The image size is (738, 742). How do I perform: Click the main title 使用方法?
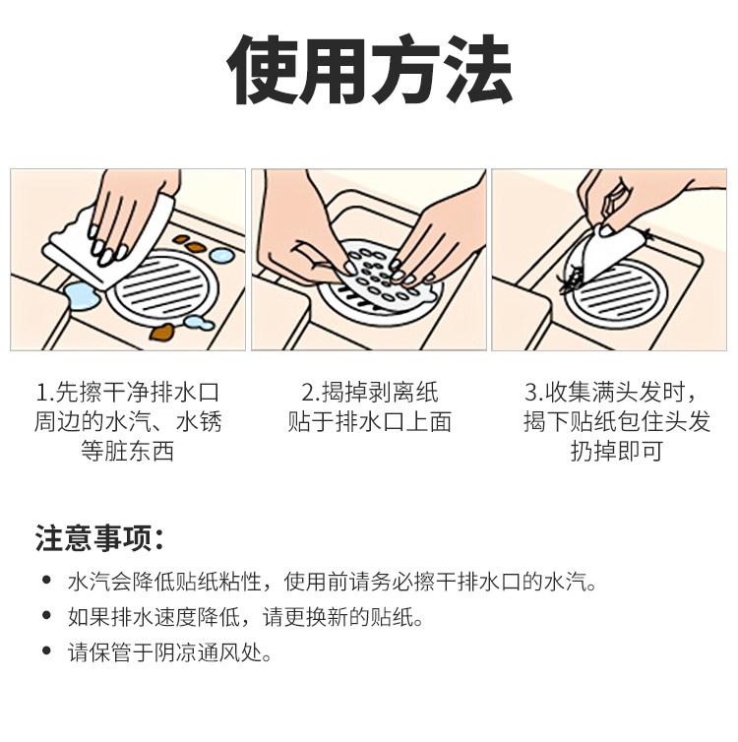[369, 71]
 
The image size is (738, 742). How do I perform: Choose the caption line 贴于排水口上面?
[369, 422]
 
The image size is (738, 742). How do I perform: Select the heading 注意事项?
[98, 538]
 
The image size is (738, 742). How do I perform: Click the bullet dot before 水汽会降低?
[46, 582]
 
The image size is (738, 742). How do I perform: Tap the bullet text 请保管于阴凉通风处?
[169, 653]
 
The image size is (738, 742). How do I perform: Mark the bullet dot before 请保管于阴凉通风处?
[46, 653]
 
